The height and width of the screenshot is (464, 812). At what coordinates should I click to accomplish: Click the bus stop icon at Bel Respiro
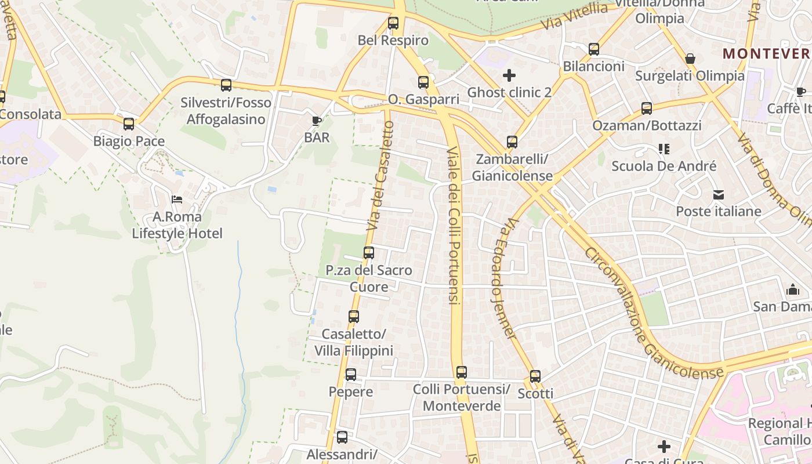click(393, 24)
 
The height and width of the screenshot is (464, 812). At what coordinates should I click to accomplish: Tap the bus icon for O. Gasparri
click(423, 82)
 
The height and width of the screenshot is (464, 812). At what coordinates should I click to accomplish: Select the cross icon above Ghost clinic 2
click(509, 75)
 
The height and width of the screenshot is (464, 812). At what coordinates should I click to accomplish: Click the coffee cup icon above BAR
click(316, 121)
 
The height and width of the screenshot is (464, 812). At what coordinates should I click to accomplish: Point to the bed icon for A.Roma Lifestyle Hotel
click(177, 200)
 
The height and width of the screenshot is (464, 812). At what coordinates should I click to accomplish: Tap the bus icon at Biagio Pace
click(129, 124)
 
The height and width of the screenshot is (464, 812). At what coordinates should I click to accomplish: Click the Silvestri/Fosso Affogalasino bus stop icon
click(226, 85)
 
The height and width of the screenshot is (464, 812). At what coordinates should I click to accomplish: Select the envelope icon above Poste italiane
click(719, 194)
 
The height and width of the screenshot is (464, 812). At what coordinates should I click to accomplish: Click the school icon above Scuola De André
click(664, 149)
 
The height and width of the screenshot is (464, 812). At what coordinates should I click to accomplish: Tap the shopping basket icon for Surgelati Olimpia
click(690, 59)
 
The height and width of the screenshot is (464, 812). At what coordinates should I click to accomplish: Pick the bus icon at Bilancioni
click(594, 49)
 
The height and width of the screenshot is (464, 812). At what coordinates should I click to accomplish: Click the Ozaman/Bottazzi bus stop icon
click(647, 108)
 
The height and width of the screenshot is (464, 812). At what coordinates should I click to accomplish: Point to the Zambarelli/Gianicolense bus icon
click(512, 142)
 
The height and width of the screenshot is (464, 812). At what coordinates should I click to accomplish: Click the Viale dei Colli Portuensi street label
click(454, 226)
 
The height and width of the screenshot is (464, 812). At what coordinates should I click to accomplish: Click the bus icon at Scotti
click(535, 376)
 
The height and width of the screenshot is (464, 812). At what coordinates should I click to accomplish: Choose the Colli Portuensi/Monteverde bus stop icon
click(461, 372)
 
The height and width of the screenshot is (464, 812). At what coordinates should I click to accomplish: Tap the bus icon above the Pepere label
click(351, 375)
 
